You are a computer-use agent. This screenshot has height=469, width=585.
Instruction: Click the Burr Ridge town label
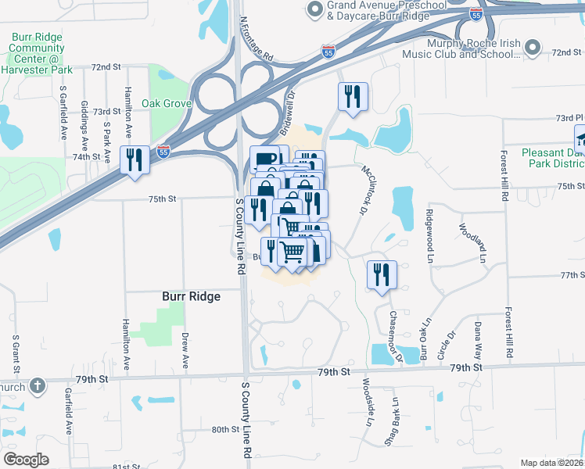click(191, 296)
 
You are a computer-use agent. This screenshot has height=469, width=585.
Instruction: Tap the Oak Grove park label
click(167, 103)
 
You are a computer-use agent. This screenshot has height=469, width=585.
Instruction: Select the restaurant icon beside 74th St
click(134, 160)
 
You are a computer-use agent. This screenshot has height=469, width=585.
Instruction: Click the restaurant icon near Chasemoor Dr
click(382, 274)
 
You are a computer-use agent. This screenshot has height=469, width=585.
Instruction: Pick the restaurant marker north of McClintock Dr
click(353, 96)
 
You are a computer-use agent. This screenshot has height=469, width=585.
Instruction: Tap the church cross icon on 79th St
click(37, 386)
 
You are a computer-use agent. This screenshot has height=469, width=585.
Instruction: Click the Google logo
click(26, 460)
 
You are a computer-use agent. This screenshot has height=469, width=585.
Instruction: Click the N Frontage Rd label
click(256, 40)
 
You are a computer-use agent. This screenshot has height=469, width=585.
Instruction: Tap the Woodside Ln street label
click(367, 403)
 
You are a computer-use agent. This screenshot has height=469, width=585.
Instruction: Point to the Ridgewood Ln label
click(429, 234)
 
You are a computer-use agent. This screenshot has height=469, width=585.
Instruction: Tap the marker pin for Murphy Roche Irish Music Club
click(533, 48)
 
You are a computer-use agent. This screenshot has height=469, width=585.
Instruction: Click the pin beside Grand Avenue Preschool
click(315, 10)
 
